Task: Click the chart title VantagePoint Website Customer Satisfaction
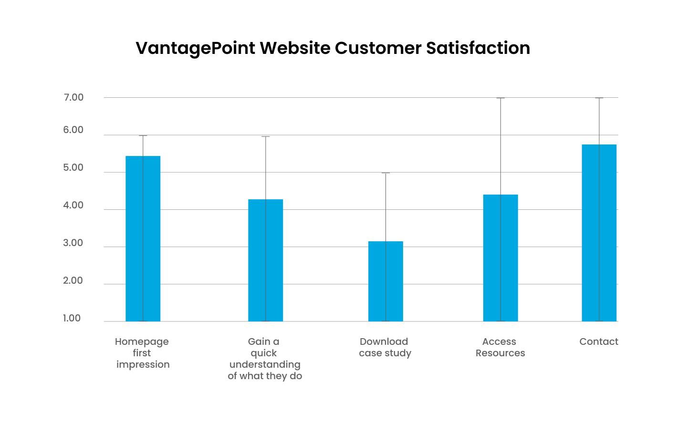pyautogui.click(x=333, y=48)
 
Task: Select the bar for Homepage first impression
pyautogui.click(x=143, y=238)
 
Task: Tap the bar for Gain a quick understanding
pyautogui.click(x=265, y=260)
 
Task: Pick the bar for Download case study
pyautogui.click(x=385, y=281)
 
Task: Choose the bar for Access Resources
pyautogui.click(x=500, y=258)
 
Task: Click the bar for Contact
pyautogui.click(x=599, y=233)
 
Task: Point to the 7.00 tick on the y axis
pyautogui.click(x=73, y=97)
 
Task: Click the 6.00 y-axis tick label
pyautogui.click(x=73, y=130)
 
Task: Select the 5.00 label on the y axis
pyautogui.click(x=73, y=167)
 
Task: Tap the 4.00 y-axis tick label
pyautogui.click(x=73, y=205)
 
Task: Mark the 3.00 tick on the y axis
pyautogui.click(x=73, y=243)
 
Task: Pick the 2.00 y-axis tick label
pyautogui.click(x=73, y=280)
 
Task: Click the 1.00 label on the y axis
pyautogui.click(x=72, y=318)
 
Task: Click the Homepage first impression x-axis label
pyautogui.click(x=142, y=353)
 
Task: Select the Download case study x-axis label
pyautogui.click(x=385, y=347)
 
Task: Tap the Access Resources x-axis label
pyautogui.click(x=500, y=347)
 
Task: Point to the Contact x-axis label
pyautogui.click(x=599, y=341)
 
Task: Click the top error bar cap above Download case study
pyautogui.click(x=385, y=173)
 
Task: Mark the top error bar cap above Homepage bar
pyautogui.click(x=143, y=135)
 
